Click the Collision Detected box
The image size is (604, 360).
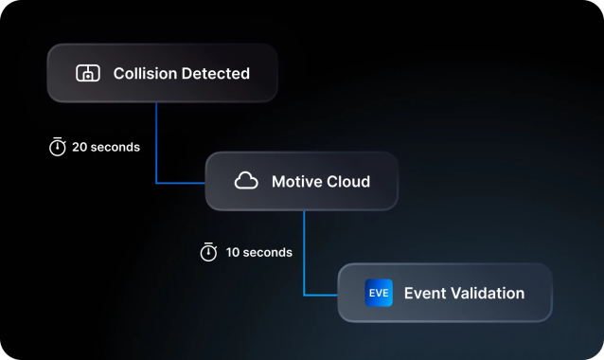point(162,73)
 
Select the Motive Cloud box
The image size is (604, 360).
point(301,181)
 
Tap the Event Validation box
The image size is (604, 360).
point(444,293)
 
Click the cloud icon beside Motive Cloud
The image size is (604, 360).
point(246,181)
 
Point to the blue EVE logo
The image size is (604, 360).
point(379,293)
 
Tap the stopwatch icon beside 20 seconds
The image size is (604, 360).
point(58,147)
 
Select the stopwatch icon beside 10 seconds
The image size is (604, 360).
point(209,253)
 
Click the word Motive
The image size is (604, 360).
point(296,181)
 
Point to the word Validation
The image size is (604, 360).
point(487,293)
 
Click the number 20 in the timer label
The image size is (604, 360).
point(80,147)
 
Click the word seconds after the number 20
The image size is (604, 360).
point(115,147)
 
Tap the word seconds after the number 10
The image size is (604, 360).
point(270,253)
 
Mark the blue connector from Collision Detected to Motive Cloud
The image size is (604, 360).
point(156,142)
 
